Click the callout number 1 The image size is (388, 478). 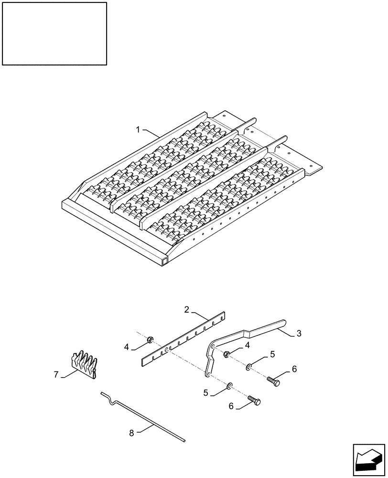point(138,129)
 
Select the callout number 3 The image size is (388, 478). point(299,334)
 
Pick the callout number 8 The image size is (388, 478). point(131,433)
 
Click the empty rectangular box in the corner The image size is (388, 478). point(54,33)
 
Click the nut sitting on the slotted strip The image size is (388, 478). point(150,340)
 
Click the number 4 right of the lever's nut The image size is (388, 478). point(247,345)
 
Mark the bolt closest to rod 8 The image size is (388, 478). point(254,401)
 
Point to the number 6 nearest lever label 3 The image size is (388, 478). point(294,369)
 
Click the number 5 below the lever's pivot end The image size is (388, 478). point(206,392)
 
